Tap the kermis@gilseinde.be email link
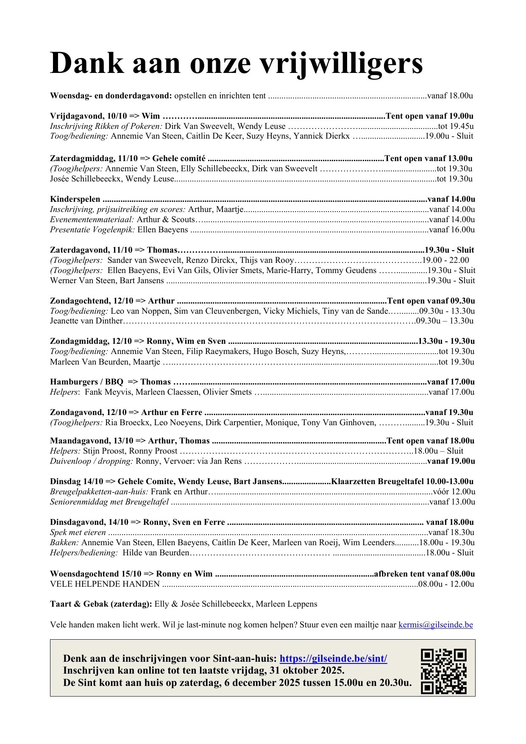435,624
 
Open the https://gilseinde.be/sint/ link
333,658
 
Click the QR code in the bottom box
443,671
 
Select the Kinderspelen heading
75,199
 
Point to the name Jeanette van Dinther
86,321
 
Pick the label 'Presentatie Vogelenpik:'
91,230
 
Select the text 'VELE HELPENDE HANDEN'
105,584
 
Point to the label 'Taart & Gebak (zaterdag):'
101,604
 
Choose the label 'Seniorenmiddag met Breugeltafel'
109,502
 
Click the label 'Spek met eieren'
78,532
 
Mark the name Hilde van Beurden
156,553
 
